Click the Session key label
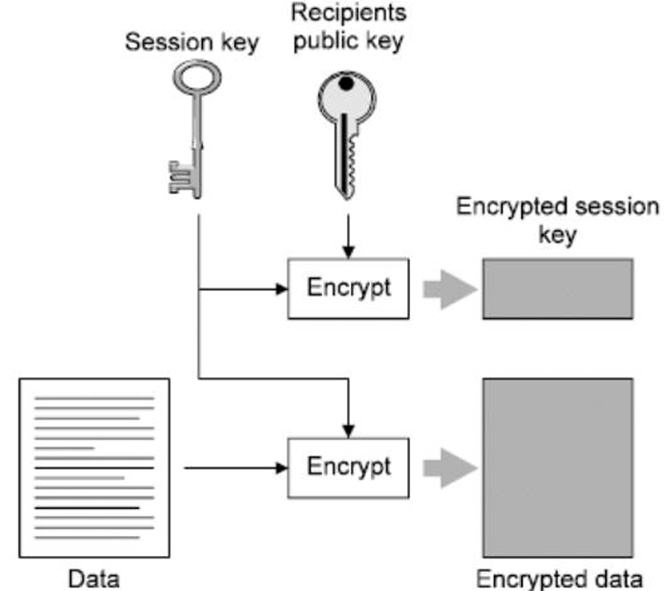click(x=192, y=43)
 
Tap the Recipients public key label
click(x=349, y=27)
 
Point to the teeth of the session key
click(x=180, y=178)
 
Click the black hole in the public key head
click(x=346, y=83)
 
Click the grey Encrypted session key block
click(x=558, y=289)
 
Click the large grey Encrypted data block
click(x=558, y=467)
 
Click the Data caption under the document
click(x=94, y=579)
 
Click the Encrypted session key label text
click(x=558, y=220)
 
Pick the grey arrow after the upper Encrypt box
click(x=450, y=290)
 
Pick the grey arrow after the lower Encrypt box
click(x=450, y=467)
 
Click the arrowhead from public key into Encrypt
click(x=349, y=252)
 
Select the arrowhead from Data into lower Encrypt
click(x=281, y=467)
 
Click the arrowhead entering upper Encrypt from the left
click(x=281, y=290)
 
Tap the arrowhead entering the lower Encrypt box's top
click(x=349, y=432)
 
